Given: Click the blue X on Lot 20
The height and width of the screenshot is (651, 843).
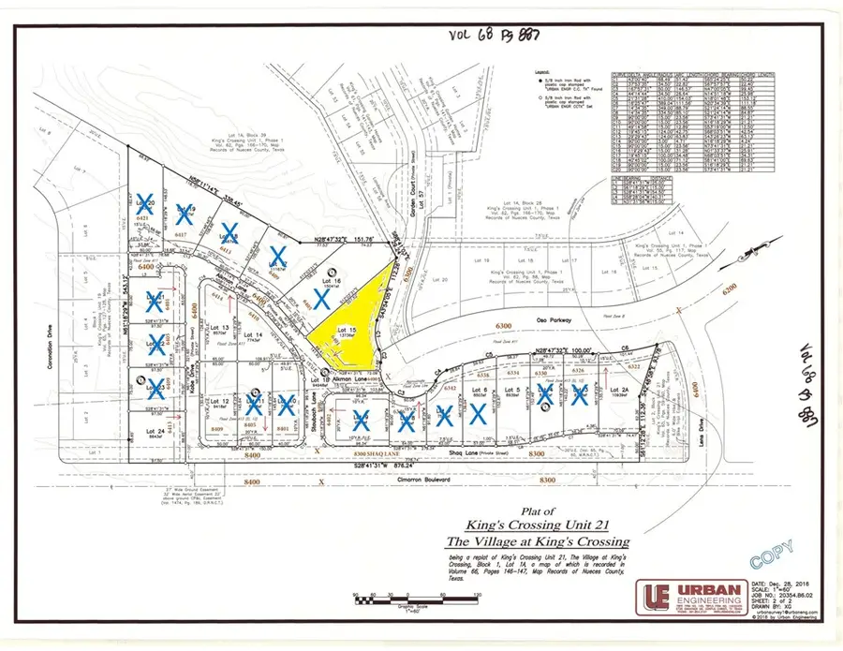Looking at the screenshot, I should click(145, 205).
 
